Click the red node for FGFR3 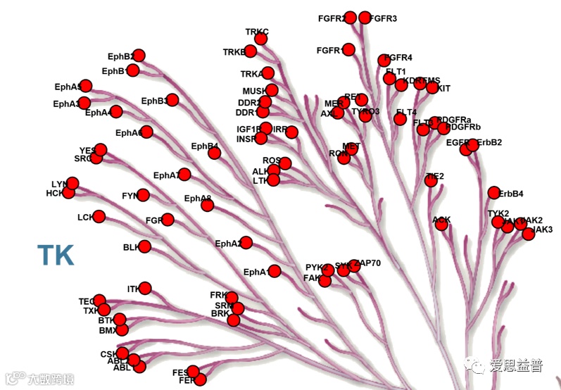pos(365,18)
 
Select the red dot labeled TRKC pos(261,39)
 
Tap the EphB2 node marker pos(139,56)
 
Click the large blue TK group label pos(56,255)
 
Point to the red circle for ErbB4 pos(494,193)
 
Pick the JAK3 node pos(529,234)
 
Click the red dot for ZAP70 pos(354,265)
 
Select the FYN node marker pos(144,195)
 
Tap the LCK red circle pos(99,216)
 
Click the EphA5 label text pos(68,87)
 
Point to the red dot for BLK pos(145,246)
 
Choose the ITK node pos(145,288)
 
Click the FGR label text pos(153,220)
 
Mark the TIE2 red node pos(431,181)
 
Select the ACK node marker pos(441,225)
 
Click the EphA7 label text pos(167,175)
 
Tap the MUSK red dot pos(272,90)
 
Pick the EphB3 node pos(172,101)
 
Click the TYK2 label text pos(498,213)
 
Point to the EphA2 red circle pos(246,243)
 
